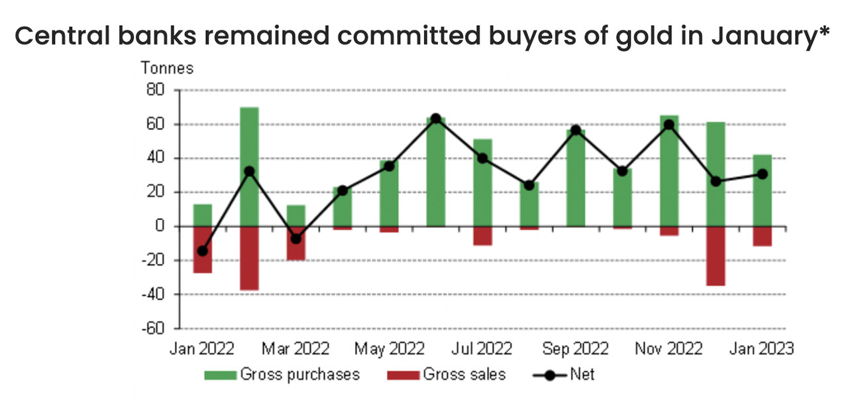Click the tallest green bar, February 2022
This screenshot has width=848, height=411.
pyautogui.click(x=249, y=166)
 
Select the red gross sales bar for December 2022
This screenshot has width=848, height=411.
pyautogui.click(x=715, y=256)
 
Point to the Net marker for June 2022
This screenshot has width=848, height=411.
pyautogui.click(x=435, y=119)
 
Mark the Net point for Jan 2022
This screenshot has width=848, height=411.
pyautogui.click(x=202, y=251)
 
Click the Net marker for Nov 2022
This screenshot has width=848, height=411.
pyautogui.click(x=669, y=125)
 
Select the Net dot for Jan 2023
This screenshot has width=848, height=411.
pyautogui.click(x=762, y=174)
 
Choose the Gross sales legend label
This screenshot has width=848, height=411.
pyautogui.click(x=464, y=375)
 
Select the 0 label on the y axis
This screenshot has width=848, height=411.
pyautogui.click(x=160, y=226)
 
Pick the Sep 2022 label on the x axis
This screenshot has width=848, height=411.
pyautogui.click(x=575, y=349)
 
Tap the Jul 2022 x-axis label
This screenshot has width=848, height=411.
pyautogui.click(x=482, y=349)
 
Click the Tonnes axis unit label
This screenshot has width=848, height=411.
pyautogui.click(x=166, y=68)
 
